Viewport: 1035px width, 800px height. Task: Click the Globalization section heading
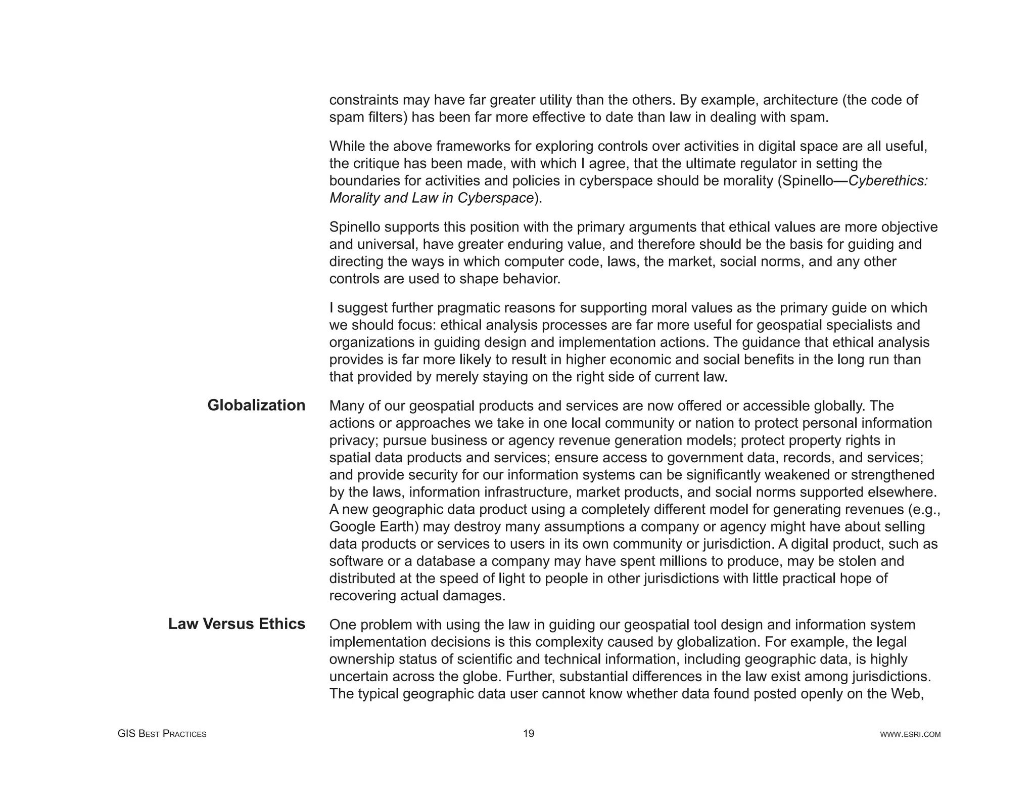[x=256, y=406]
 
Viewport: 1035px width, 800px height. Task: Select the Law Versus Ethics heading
[x=237, y=625]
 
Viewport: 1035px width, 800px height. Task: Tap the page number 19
[x=529, y=734]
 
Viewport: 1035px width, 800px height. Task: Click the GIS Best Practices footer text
[x=162, y=734]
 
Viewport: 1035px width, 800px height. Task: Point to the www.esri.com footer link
[x=910, y=735]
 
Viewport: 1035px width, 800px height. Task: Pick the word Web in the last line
[x=908, y=694]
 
